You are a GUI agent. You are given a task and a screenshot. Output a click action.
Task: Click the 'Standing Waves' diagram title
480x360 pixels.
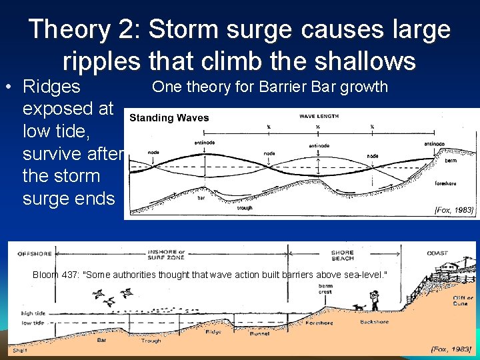(169, 118)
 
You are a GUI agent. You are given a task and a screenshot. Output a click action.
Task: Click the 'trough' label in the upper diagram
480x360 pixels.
(245, 207)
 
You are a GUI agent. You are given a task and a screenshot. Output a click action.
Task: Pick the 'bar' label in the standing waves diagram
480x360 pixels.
(201, 197)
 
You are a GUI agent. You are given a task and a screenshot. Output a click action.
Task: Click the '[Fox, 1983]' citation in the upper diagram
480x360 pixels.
(454, 210)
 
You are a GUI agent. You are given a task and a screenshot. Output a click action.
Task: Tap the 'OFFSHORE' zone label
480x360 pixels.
(35, 253)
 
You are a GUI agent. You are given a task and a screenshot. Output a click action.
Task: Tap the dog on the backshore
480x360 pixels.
(360, 307)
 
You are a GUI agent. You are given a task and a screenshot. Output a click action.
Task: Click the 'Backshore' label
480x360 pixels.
(374, 322)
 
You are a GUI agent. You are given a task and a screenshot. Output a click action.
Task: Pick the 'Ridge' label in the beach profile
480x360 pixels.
(213, 331)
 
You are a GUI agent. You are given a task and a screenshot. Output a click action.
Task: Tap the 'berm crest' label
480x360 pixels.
(325, 287)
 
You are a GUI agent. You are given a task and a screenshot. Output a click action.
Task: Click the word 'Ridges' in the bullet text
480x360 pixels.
(51, 87)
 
